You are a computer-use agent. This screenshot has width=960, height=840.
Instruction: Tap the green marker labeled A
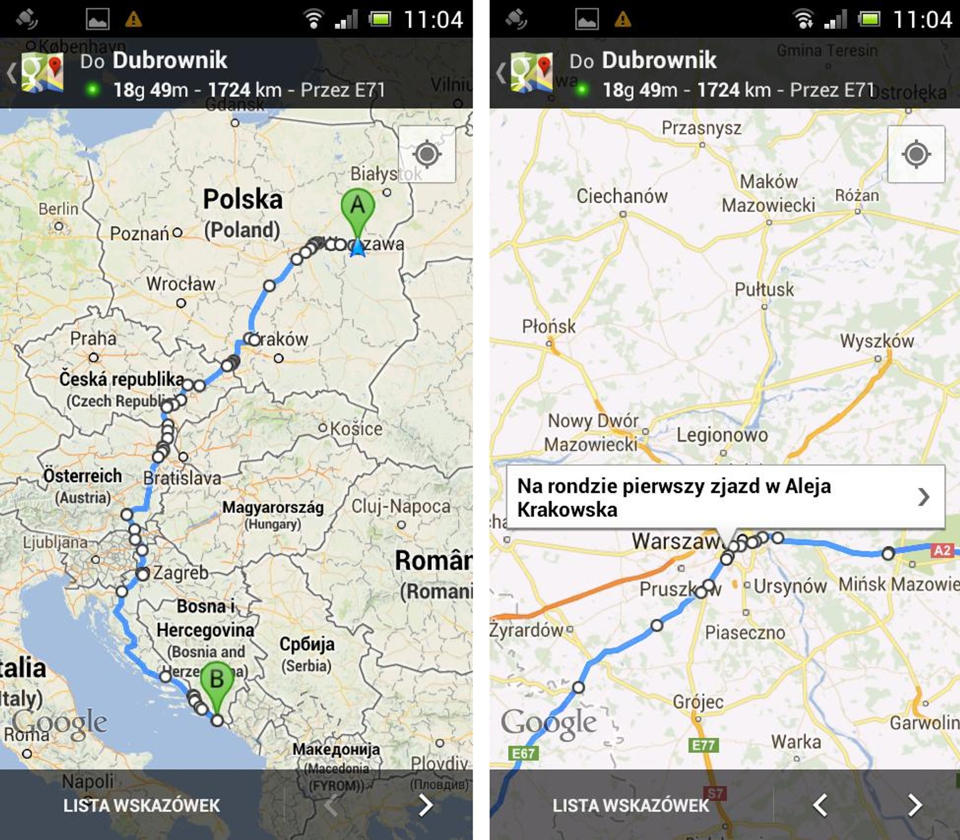click(x=358, y=207)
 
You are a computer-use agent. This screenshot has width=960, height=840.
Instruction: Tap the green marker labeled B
click(x=217, y=681)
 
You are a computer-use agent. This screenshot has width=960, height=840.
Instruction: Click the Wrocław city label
click(x=181, y=284)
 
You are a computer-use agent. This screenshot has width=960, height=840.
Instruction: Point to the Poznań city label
click(x=139, y=234)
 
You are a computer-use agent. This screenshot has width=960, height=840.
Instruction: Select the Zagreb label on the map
click(x=180, y=572)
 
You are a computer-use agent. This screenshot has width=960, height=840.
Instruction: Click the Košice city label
click(x=356, y=429)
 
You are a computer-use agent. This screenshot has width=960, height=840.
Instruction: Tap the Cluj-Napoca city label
click(x=401, y=506)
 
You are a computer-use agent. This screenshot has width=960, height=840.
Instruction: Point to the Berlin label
click(x=58, y=209)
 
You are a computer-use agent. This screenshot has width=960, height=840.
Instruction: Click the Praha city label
click(x=93, y=339)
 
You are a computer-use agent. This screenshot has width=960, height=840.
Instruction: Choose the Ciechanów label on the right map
click(x=622, y=196)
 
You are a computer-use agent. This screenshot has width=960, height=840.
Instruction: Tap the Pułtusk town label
click(x=764, y=289)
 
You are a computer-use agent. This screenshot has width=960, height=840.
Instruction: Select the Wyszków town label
click(x=876, y=341)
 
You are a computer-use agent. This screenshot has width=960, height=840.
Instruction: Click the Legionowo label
click(x=722, y=435)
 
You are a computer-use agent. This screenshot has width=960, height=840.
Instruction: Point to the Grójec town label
click(x=698, y=702)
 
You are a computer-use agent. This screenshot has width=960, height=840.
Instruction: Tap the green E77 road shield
click(x=703, y=745)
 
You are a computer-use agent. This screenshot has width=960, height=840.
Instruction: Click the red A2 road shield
click(x=942, y=550)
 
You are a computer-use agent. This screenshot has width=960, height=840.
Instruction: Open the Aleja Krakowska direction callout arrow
click(x=923, y=497)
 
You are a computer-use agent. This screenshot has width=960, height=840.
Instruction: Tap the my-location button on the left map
click(x=426, y=154)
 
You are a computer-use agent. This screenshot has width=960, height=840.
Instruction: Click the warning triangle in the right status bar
click(x=622, y=20)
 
